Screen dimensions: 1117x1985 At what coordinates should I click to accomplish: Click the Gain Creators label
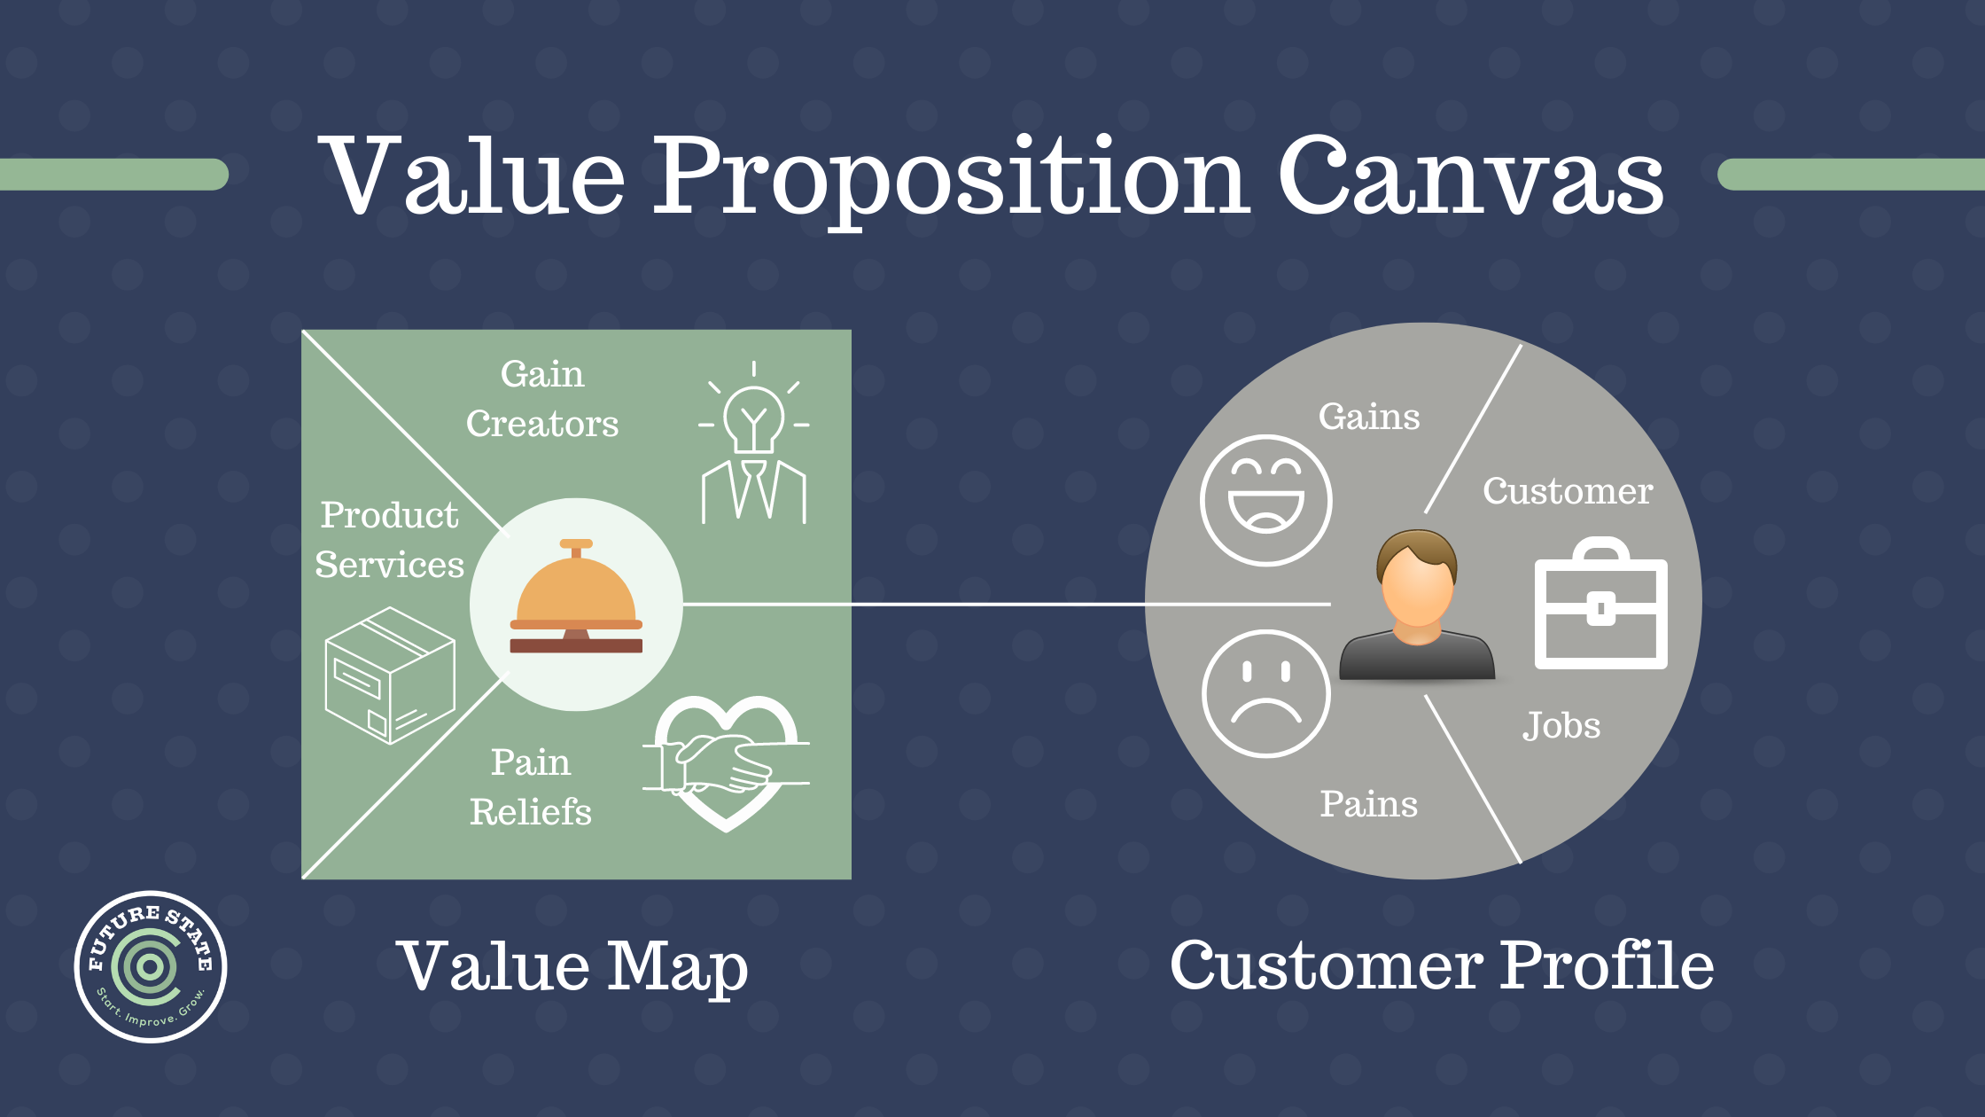coord(542,399)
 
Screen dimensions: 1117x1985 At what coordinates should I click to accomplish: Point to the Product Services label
coord(390,540)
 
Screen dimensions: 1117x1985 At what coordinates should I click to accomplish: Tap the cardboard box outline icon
coord(390,676)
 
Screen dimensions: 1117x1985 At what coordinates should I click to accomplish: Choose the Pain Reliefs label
coord(530,787)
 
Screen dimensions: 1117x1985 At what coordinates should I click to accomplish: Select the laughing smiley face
coord(1265,501)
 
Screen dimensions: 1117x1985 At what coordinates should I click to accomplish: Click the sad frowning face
coord(1265,693)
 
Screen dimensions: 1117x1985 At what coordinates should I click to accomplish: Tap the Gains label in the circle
coord(1369,417)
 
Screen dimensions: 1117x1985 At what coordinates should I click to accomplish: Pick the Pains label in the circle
coord(1369,804)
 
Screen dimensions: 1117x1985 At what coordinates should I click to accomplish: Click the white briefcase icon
coord(1600,607)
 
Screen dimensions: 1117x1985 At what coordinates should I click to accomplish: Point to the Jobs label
coord(1561,726)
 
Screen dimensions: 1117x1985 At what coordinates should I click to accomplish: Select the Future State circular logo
coord(151,966)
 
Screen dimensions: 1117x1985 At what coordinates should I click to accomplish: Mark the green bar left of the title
coord(113,175)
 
